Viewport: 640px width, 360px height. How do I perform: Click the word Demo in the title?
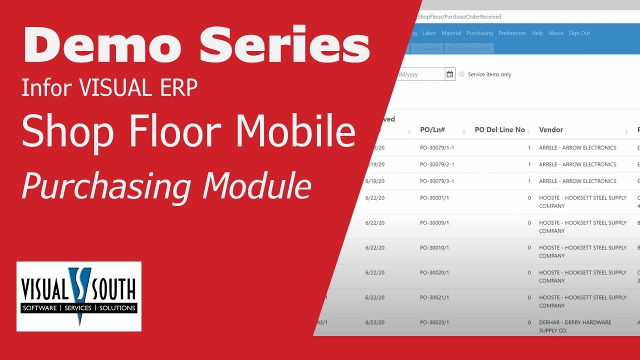[x=103, y=46]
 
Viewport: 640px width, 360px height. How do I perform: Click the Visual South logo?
[x=78, y=296]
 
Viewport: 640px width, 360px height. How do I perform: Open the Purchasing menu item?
[x=479, y=33]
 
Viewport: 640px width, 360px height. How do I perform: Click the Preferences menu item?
[x=512, y=33]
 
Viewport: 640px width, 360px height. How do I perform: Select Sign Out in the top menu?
[x=579, y=33]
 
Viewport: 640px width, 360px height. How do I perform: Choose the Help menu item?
[x=537, y=33]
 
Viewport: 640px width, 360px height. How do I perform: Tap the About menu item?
[x=555, y=33]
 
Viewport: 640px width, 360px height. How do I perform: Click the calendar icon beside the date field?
[x=450, y=74]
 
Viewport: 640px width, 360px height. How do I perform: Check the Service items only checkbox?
[x=462, y=74]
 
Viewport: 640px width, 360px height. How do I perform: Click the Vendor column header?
[x=551, y=130]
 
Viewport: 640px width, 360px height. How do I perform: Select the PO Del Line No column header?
[x=499, y=130]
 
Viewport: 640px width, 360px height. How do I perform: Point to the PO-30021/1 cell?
[x=434, y=297]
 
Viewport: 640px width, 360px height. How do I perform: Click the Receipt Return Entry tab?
[x=470, y=48]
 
